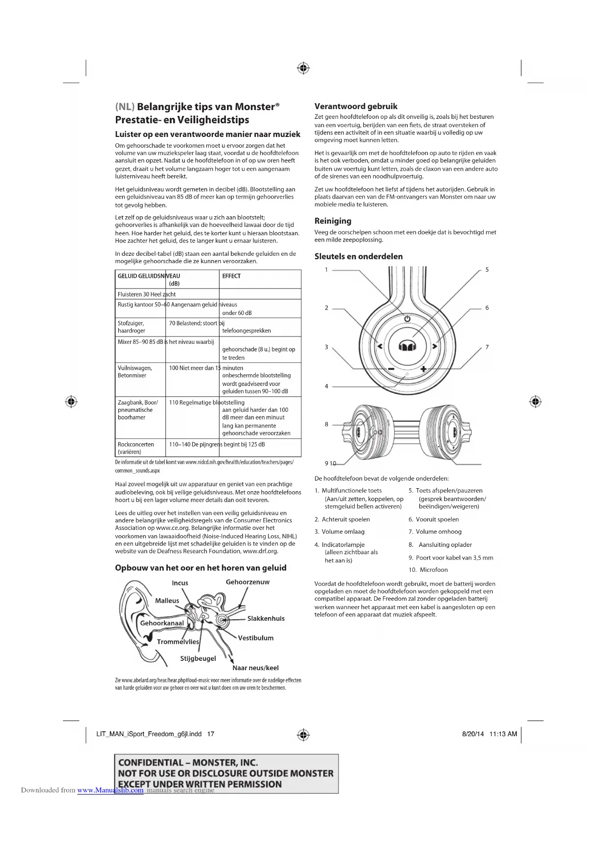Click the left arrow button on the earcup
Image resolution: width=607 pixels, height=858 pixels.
coord(380,346)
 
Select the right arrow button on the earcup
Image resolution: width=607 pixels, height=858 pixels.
coord(434,346)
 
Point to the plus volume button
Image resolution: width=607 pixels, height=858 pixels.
coord(423,369)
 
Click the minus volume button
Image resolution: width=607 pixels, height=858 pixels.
coord(391,369)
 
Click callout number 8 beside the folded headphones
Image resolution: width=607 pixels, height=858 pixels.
coord(327,425)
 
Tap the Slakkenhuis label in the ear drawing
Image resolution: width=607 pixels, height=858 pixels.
coord(266,618)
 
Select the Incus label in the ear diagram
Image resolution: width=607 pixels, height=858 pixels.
coord(180,583)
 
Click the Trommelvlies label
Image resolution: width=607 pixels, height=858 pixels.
coord(178,642)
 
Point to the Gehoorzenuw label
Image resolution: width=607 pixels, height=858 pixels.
coord(247,582)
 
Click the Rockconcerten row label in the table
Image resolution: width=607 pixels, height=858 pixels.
coord(135,445)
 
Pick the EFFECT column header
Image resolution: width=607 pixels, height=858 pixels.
coord(231,276)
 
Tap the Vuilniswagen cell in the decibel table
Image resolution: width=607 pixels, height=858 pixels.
coord(135,368)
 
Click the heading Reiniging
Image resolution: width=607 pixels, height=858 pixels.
coord(333,221)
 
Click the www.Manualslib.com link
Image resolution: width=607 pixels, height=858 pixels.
coord(111,790)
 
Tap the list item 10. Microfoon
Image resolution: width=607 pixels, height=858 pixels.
coord(428,570)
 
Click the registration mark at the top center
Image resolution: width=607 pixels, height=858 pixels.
coord(303,68)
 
